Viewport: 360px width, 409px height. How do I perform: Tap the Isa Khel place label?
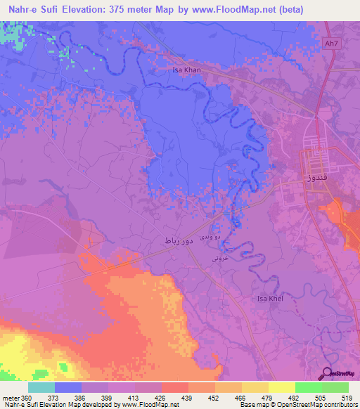pyautogui.click(x=271, y=299)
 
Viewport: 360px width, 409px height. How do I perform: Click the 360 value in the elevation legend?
pyautogui.click(x=25, y=397)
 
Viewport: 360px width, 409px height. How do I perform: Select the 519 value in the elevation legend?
pyautogui.click(x=348, y=397)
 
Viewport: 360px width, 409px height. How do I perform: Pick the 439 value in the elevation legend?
pyautogui.click(x=188, y=397)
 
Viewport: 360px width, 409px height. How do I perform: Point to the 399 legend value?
pyautogui.click(x=108, y=397)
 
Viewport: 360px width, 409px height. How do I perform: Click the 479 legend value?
pyautogui.click(x=268, y=397)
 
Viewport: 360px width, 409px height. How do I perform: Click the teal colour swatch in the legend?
pyautogui.click(x=41, y=387)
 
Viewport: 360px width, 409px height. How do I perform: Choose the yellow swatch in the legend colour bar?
pyautogui.click(x=281, y=387)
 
